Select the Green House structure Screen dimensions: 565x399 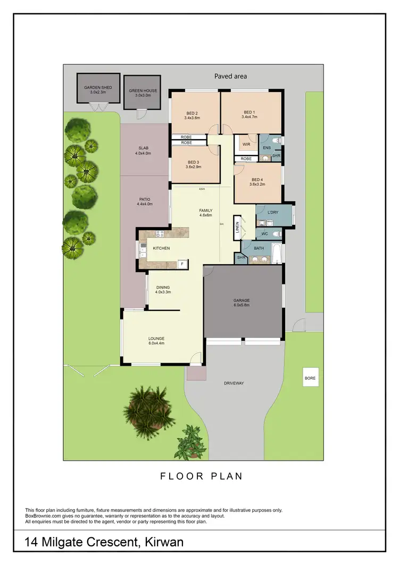click(143, 91)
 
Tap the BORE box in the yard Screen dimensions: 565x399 click(310, 378)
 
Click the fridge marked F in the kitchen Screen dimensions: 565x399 click(182, 264)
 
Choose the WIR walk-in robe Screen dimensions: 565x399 click(246, 144)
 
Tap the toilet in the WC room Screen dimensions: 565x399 click(276, 234)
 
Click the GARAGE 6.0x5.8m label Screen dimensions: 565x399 click(242, 303)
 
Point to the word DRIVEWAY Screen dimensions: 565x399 click(234, 383)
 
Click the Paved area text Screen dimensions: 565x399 click(230, 76)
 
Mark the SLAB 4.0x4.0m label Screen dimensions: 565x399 click(143, 151)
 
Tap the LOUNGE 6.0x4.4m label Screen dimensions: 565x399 click(156, 341)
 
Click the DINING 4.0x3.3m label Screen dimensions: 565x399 click(163, 290)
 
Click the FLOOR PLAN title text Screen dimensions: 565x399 click(202, 476)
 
